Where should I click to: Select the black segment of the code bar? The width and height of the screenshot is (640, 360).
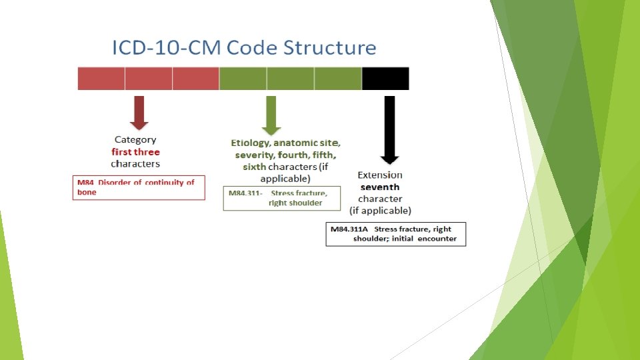pyautogui.click(x=385, y=79)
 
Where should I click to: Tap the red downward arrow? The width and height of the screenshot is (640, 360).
pyautogui.click(x=139, y=112)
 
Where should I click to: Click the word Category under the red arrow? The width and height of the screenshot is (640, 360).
pyautogui.click(x=135, y=140)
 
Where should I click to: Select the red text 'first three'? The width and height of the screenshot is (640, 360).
pyautogui.click(x=135, y=152)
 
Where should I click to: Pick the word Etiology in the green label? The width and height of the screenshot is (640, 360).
pyautogui.click(x=250, y=143)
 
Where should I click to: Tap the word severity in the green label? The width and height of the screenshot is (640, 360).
pyautogui.click(x=251, y=155)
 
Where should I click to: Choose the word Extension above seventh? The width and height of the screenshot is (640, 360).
pyautogui.click(x=380, y=175)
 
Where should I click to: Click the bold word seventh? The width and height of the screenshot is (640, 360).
pyautogui.click(x=380, y=187)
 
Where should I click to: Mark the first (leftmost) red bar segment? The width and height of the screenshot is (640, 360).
pyautogui.click(x=101, y=79)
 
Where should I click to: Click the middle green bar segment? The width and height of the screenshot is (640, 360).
pyautogui.click(x=291, y=79)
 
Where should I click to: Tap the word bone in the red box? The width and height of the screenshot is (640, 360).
pyautogui.click(x=87, y=192)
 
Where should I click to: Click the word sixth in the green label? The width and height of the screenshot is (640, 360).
pyautogui.click(x=255, y=167)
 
